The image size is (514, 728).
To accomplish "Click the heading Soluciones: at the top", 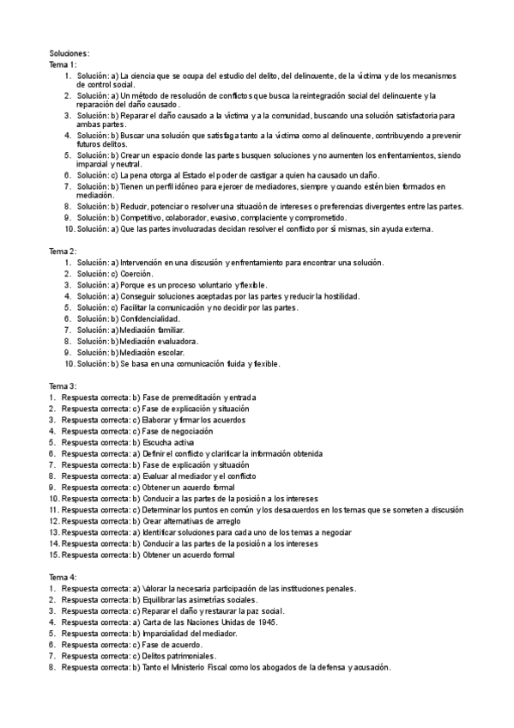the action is coord(70,53).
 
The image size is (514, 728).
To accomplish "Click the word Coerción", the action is coord(136,273).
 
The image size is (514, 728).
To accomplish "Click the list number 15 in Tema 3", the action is coord(53,554).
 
